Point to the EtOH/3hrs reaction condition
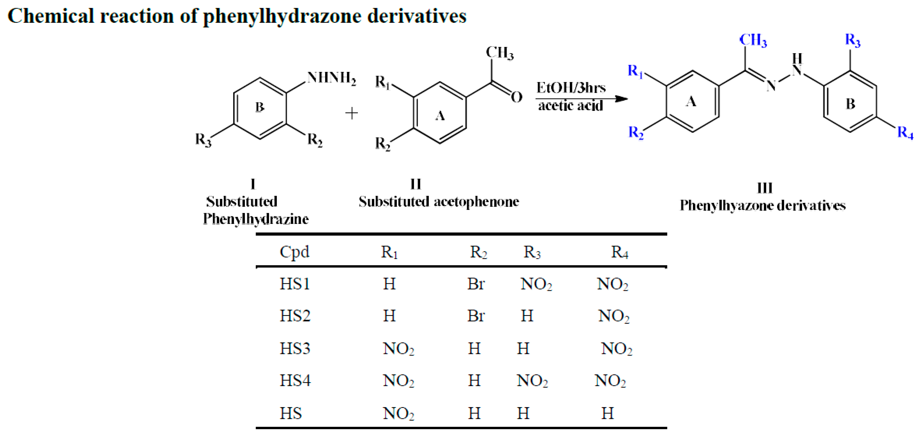pos(571,88)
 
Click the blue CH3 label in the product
pos(753,40)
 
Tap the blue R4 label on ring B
pos(905,133)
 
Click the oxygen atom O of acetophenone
pos(516,97)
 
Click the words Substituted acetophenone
pos(439,201)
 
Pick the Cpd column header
pos(294,252)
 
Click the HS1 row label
pos(295,284)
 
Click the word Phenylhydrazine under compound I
pos(256,219)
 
